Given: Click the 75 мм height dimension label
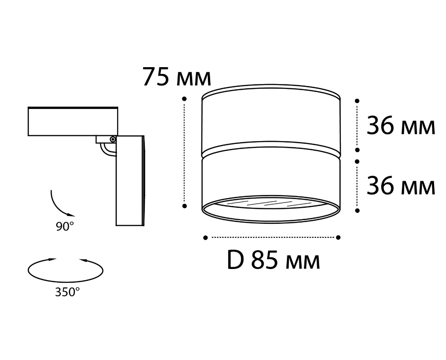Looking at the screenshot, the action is (177, 77).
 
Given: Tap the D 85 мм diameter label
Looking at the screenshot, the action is (273, 261).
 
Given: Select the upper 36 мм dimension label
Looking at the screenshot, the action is (401, 126).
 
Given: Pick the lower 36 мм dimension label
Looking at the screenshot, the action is (401, 186).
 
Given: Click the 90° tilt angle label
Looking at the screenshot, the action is (65, 227).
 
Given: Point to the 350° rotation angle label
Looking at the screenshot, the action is (68, 292).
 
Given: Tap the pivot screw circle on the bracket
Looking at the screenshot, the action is (113, 139).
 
